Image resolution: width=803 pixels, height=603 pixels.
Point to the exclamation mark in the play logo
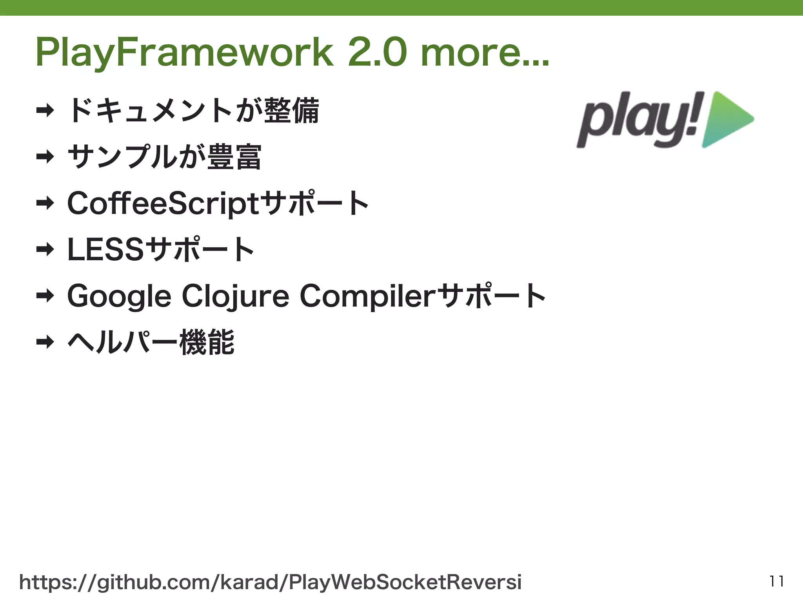coord(695,114)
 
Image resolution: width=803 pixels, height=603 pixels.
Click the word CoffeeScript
coord(163,203)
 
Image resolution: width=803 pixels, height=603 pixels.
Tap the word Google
coord(119,296)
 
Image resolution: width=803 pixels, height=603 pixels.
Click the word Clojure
coord(235,296)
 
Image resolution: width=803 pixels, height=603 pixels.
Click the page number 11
coord(776,581)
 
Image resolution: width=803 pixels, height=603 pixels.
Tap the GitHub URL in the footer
coord(271,582)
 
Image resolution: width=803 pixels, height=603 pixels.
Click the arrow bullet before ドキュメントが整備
coord(45,110)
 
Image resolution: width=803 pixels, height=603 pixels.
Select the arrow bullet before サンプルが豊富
coord(45,157)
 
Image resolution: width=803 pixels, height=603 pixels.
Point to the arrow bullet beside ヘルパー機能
coord(45,342)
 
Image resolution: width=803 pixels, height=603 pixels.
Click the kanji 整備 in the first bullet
coord(292,110)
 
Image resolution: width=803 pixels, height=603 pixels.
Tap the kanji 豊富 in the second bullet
coord(234,157)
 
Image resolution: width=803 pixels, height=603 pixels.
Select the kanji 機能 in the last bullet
coord(207,342)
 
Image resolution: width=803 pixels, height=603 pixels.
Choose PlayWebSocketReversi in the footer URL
coord(405,582)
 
